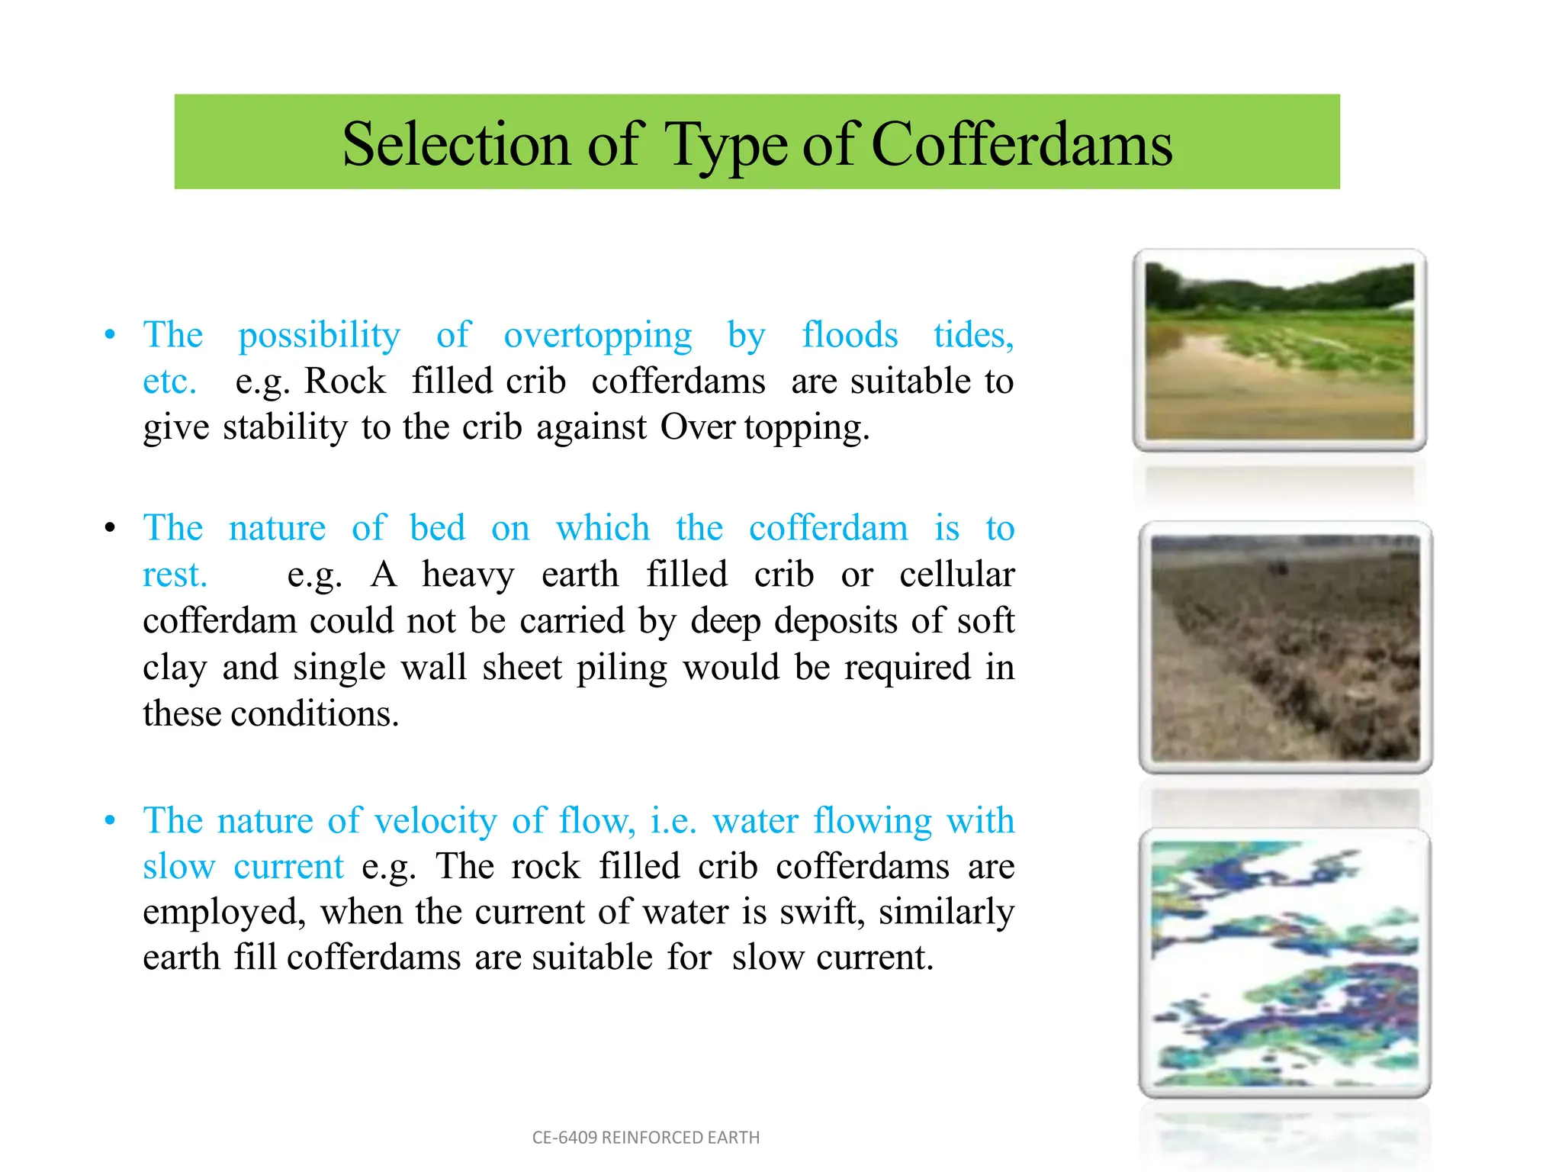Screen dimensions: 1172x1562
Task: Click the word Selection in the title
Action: tap(455, 144)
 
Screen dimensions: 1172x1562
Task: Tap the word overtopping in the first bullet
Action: tap(598, 336)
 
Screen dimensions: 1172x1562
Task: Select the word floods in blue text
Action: tap(850, 335)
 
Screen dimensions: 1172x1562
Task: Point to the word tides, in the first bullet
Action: tap(973, 335)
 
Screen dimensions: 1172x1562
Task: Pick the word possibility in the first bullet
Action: tap(319, 336)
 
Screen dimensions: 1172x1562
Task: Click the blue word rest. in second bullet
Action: tap(175, 575)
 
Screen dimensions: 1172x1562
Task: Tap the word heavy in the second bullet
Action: tap(468, 575)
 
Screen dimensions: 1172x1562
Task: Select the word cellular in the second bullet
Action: tap(956, 575)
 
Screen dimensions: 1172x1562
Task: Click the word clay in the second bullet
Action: tap(175, 668)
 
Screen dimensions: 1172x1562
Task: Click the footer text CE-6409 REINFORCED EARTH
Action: tap(646, 1138)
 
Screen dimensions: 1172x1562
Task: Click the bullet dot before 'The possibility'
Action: tap(111, 335)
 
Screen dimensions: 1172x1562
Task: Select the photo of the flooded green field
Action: tap(1279, 351)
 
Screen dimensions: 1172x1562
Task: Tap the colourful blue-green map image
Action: tap(1284, 963)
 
